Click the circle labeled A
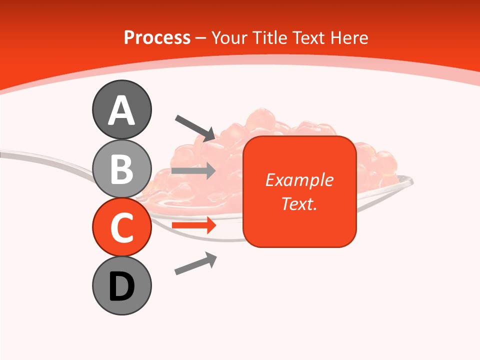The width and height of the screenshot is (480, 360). coord(121,109)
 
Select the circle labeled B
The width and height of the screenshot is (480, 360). coord(121,168)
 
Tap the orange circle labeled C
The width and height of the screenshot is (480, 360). coord(121,227)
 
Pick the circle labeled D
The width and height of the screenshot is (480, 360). coord(121,285)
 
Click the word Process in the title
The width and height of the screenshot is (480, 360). coord(157,37)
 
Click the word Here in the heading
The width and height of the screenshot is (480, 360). coord(349,37)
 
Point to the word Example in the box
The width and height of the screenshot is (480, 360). coord(299,180)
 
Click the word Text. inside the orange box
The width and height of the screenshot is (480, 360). coord(299,203)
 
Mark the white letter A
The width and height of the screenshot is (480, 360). coord(121,110)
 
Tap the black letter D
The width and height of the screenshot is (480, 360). coord(121,286)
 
